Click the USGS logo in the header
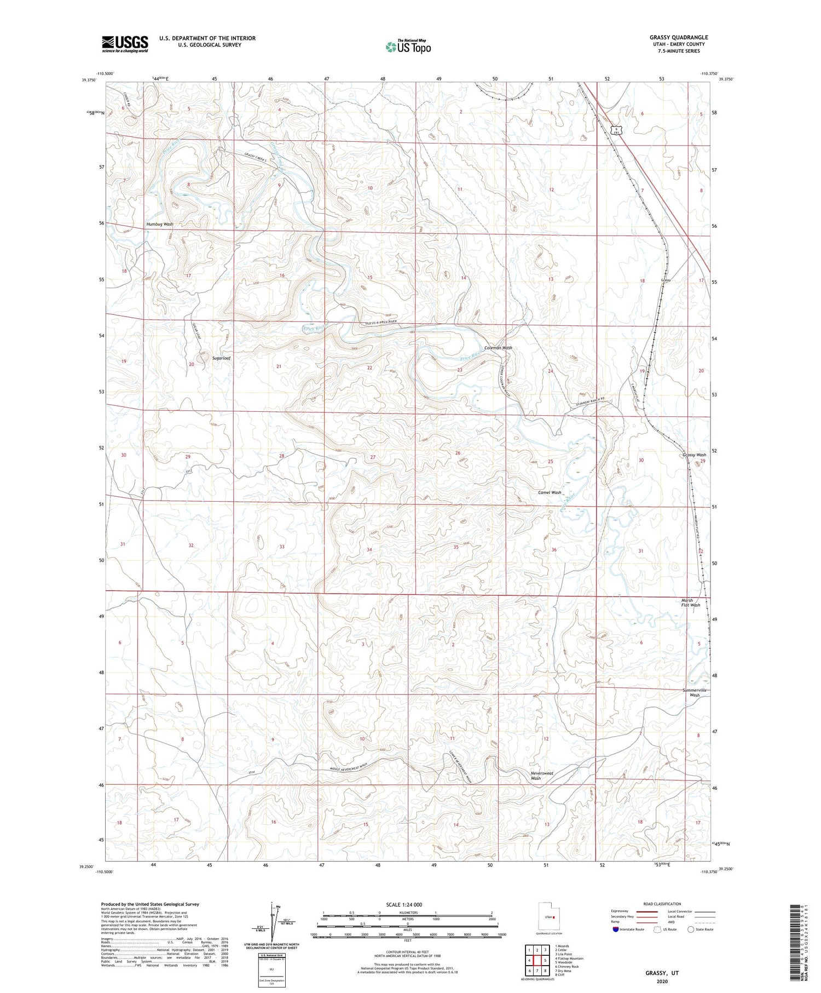[x=125, y=44]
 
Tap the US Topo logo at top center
[x=408, y=47]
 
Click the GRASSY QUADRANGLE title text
[x=678, y=37]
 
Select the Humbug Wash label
[x=159, y=224]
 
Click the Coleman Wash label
[x=498, y=348]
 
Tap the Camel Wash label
[x=550, y=492]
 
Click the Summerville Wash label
[x=695, y=692]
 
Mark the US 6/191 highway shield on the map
[x=616, y=130]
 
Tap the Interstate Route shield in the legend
[x=616, y=929]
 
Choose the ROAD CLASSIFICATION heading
[x=662, y=904]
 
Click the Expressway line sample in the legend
[x=646, y=911]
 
